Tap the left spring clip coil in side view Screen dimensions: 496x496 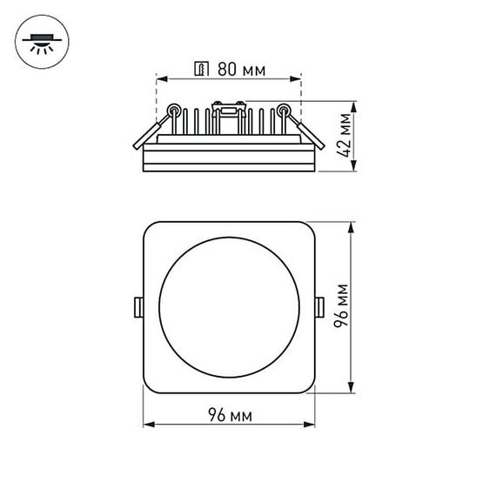pos(174,111)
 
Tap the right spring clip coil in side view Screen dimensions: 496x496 pos(284,111)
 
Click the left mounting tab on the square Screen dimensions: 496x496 pos(137,306)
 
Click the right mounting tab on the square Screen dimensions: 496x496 pos(319,306)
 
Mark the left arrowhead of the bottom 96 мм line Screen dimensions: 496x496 pos(146,426)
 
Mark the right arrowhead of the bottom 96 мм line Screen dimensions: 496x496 pos(312,426)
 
